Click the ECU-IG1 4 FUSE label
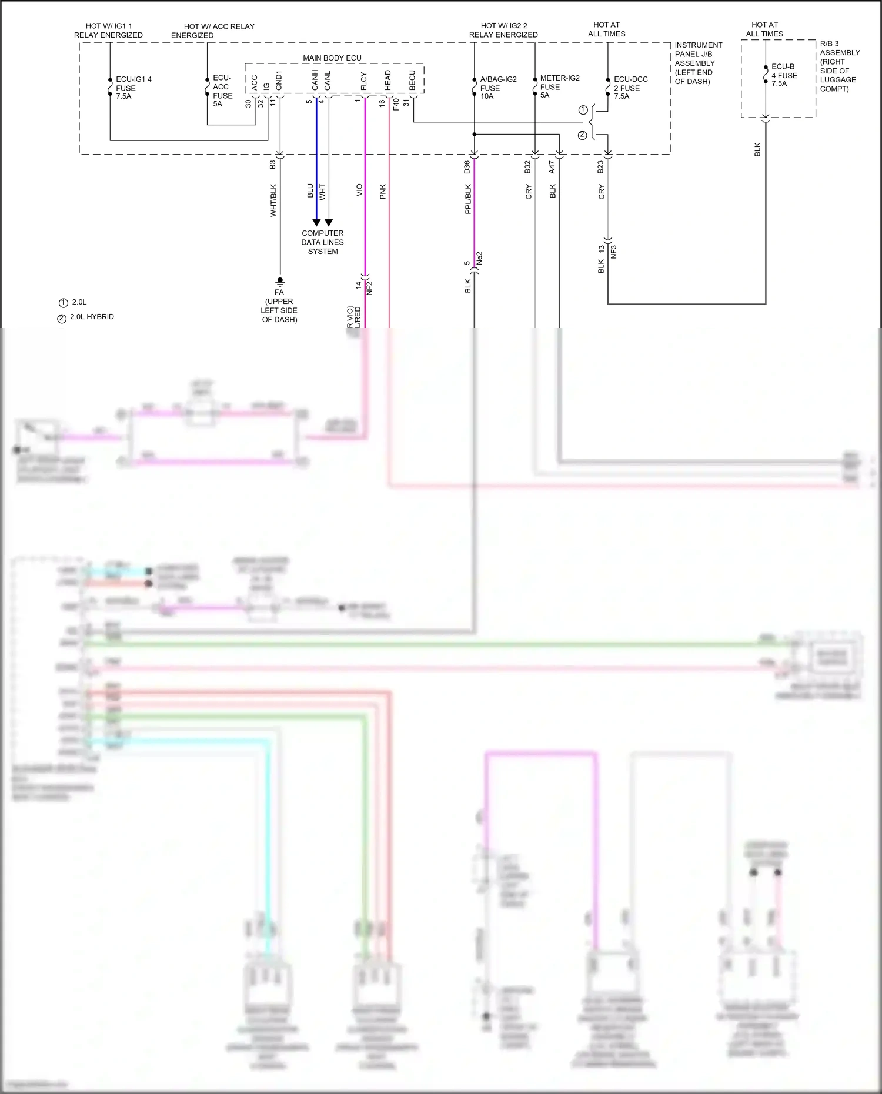(133, 88)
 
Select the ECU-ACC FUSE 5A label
(222, 91)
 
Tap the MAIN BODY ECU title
(332, 58)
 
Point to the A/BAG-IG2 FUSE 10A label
(498, 88)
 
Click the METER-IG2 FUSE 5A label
(559, 86)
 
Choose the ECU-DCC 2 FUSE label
(630, 88)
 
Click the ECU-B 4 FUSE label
(784, 75)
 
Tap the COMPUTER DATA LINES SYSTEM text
(322, 242)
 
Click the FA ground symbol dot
(280, 280)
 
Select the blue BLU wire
(316, 176)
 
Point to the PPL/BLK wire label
(468, 199)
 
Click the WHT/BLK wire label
(273, 200)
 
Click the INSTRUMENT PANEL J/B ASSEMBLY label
(697, 63)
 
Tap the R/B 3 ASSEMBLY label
(839, 66)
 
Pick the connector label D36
(467, 167)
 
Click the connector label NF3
(614, 252)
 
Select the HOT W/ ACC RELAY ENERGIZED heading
(213, 31)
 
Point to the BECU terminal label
(412, 82)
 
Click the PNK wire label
(383, 191)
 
